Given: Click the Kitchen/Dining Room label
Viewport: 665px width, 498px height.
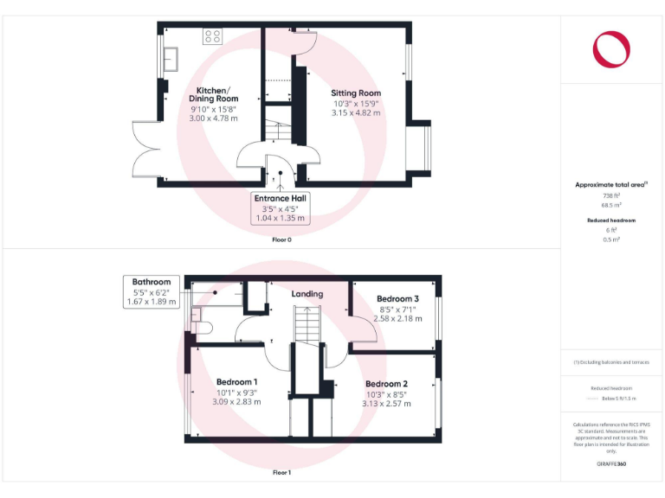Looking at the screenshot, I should [212, 94].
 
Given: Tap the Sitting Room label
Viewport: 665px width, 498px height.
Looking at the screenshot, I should [356, 93].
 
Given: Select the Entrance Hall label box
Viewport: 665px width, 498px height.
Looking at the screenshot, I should [280, 207].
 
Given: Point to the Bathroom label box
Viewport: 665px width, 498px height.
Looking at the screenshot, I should [152, 291].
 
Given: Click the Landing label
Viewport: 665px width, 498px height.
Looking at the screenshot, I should [307, 294].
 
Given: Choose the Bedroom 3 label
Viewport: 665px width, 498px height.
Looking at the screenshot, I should [399, 299].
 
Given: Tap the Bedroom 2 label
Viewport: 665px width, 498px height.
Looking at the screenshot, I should [386, 384].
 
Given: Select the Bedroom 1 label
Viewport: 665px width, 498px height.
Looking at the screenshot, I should [237, 381].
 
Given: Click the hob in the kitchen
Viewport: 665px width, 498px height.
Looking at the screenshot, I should [212, 36].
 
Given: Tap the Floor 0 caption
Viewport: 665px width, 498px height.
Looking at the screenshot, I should [281, 239].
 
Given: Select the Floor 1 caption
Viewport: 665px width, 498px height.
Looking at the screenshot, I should [281, 473].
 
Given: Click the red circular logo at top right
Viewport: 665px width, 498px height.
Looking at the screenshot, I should [611, 48].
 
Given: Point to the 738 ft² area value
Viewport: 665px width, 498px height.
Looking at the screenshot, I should [611, 196].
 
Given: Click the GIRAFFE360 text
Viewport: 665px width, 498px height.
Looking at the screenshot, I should [611, 464].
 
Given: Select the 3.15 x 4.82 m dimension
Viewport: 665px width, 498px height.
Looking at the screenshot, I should [356, 112].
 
